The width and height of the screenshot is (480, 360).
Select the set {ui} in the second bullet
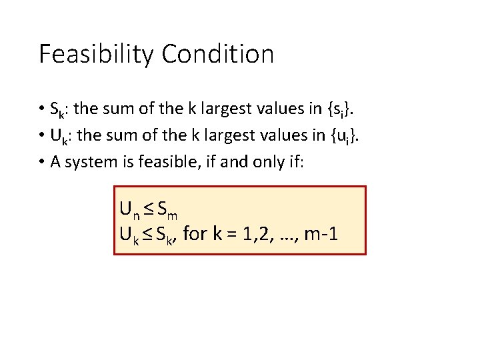pos(339,136)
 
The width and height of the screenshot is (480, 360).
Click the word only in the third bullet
pos(257,163)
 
